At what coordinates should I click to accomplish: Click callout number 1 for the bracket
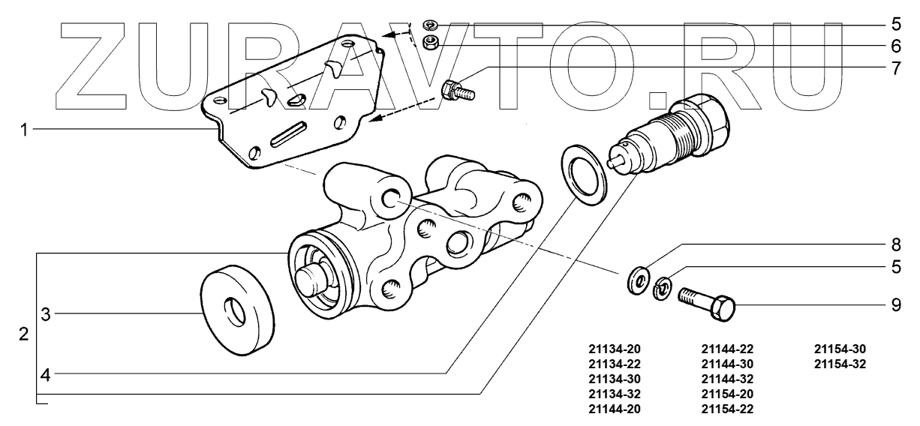(x=24, y=129)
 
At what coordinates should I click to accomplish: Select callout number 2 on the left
(x=24, y=334)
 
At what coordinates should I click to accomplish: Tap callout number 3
(x=45, y=314)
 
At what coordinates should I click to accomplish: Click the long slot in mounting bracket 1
(x=289, y=135)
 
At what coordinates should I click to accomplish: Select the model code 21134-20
(x=615, y=349)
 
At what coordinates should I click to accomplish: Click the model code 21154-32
(x=840, y=364)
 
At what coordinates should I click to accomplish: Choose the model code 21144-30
(x=727, y=364)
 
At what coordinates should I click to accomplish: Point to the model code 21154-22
(x=727, y=409)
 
